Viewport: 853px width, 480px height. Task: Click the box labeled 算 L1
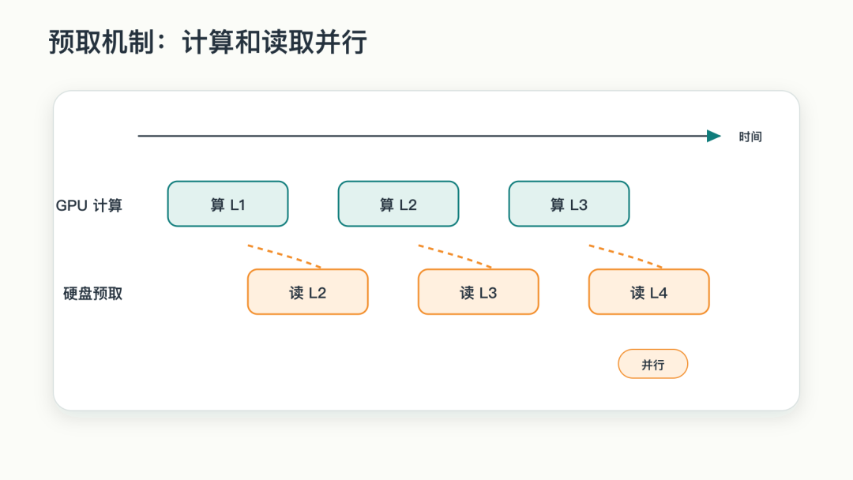[x=227, y=204]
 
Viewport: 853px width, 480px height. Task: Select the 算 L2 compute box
[x=398, y=204]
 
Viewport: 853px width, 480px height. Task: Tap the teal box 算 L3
[x=569, y=204]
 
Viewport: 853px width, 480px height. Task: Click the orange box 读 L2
[x=308, y=292]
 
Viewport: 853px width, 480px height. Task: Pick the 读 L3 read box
[x=478, y=292]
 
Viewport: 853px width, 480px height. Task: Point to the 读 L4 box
[x=649, y=292]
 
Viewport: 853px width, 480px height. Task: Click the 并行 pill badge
[x=653, y=364]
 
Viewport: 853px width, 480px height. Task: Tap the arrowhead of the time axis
[x=714, y=136]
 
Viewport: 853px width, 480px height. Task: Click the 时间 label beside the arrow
[x=750, y=137]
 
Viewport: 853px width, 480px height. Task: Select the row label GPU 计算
[x=89, y=205]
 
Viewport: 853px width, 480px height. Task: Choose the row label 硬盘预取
[x=93, y=294]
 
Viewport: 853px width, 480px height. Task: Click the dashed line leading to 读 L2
[x=284, y=256]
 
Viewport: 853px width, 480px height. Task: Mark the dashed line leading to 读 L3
[x=456, y=256]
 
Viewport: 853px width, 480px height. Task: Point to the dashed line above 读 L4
[x=626, y=256]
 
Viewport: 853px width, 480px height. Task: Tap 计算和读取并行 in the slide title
[x=275, y=42]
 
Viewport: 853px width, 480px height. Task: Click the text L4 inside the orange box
[x=658, y=293]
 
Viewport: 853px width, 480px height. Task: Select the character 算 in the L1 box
[x=218, y=205]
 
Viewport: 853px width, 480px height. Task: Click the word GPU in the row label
[x=72, y=205]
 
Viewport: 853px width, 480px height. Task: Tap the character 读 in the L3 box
[x=467, y=293]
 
